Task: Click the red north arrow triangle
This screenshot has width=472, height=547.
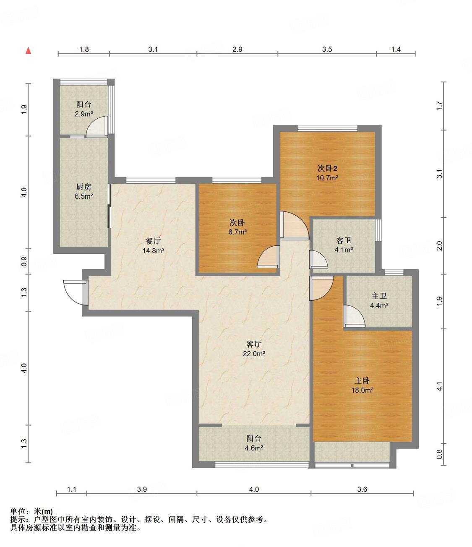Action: [x=29, y=50]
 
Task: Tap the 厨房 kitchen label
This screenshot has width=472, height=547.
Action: [x=83, y=187]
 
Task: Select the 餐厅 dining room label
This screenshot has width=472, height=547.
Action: [x=153, y=241]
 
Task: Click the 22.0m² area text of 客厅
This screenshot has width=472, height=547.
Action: [x=254, y=354]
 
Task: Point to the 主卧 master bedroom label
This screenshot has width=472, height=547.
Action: [x=362, y=381]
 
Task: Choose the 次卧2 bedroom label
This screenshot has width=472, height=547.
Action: [x=327, y=168]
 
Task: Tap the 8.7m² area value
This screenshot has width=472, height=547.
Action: [x=237, y=232]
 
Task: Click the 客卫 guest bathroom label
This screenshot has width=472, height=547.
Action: [x=344, y=240]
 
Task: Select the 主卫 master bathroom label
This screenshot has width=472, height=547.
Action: [x=379, y=296]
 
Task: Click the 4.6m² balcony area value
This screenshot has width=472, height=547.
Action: [x=254, y=448]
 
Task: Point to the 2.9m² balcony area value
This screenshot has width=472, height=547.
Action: [x=83, y=114]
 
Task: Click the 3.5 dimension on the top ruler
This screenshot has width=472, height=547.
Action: [x=327, y=49]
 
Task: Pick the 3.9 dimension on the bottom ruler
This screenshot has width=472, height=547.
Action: [x=142, y=489]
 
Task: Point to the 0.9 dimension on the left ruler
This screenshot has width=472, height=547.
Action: [x=24, y=261]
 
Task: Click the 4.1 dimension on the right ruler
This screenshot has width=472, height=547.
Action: [x=439, y=386]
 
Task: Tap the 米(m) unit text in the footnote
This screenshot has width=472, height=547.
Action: [x=43, y=511]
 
